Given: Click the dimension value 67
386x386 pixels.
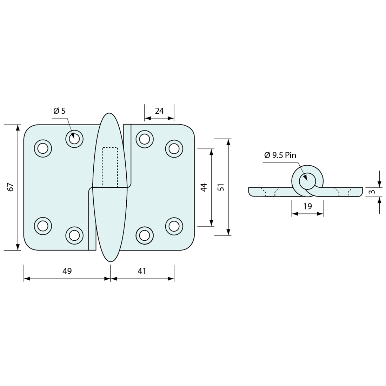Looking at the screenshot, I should (11, 187).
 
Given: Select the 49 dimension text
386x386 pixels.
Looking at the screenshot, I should (67, 271).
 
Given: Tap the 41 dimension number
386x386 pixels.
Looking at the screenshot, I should (142, 271).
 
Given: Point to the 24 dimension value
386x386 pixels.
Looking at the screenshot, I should (159, 111).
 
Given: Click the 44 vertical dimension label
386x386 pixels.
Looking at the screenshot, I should (204, 187).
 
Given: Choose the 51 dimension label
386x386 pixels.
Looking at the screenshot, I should (221, 187).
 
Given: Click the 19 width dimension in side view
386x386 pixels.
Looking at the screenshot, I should (307, 206).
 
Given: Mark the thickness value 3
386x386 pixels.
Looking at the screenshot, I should (372, 192).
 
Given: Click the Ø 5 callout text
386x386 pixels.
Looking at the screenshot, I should (59, 111).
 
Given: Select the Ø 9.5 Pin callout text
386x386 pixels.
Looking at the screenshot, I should (280, 155).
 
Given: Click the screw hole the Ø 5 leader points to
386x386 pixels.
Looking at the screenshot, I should (74, 139).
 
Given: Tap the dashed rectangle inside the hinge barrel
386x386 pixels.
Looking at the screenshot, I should (110, 167).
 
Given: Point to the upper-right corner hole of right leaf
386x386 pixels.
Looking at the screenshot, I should (174, 149).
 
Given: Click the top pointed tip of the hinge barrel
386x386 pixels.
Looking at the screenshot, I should (110, 114).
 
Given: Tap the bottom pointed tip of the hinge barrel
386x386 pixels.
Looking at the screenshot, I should (110, 261).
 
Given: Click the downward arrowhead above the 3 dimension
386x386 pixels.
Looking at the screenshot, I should (379, 184).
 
